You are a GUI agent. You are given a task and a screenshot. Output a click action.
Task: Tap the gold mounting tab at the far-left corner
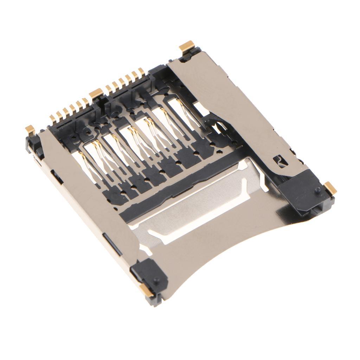point(30,130)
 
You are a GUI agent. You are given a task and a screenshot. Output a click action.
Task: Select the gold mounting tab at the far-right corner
point(330,187)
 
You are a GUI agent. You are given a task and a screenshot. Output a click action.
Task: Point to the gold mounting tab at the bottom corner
point(146,290)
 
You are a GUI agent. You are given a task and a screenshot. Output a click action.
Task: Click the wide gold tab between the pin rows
point(96,94)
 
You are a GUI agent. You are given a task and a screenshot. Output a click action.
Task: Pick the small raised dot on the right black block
point(317,190)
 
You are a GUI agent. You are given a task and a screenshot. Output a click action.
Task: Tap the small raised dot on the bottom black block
point(156,280)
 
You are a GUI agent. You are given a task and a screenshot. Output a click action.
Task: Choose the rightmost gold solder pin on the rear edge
point(141,72)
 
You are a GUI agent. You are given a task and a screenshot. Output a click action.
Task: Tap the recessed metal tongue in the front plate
point(197,204)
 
